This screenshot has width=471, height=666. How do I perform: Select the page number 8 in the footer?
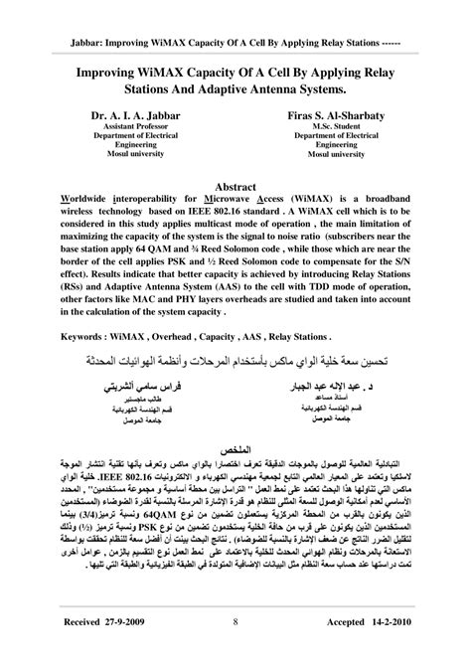(235, 652)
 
